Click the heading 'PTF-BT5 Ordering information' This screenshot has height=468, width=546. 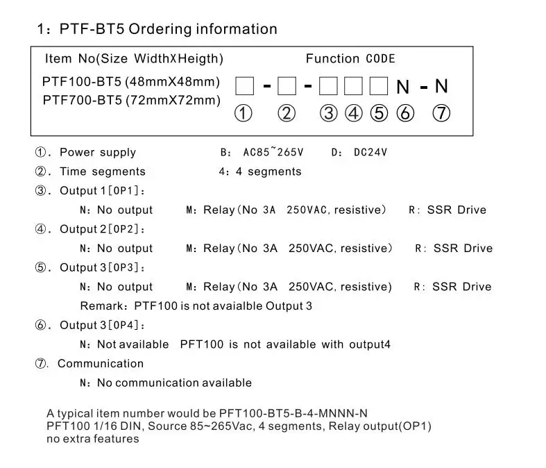[167, 29]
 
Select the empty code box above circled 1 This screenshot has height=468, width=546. [244, 86]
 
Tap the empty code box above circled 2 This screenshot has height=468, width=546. [287, 86]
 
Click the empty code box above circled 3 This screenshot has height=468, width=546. [329, 86]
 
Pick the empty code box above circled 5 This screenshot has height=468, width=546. [378, 86]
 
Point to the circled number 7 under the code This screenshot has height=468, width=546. [441, 113]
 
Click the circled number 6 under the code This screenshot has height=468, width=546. [404, 113]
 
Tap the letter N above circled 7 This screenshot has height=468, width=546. [441, 86]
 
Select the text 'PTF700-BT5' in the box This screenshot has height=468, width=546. [83, 100]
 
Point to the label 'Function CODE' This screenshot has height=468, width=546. [350, 59]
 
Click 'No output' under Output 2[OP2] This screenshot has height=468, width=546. [124, 248]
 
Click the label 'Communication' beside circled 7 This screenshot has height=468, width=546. [101, 363]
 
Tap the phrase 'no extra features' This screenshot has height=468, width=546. [93, 439]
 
